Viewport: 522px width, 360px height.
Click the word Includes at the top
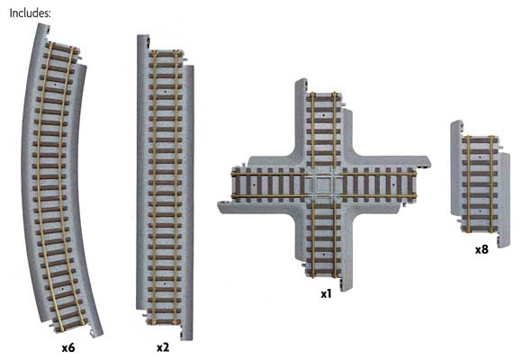26,13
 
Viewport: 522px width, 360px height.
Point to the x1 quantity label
326,293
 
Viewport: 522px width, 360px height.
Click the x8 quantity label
481,248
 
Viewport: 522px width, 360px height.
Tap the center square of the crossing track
322,186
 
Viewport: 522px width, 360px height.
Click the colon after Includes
49,13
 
